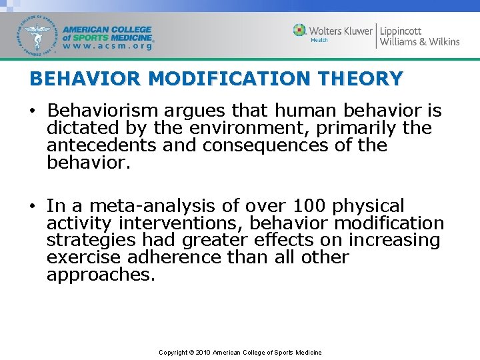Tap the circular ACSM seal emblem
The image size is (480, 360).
tap(37, 36)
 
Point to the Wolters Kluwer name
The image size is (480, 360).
tap(341, 30)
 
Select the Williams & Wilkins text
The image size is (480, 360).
tap(419, 42)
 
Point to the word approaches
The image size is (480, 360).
tap(100, 275)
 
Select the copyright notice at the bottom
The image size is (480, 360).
tap(240, 352)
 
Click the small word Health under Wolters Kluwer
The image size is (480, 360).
tap(320, 40)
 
